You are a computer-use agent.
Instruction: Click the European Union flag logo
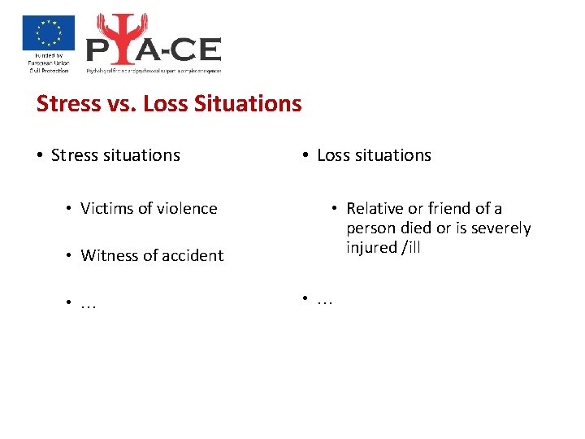(48, 33)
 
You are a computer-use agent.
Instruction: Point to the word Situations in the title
(248, 104)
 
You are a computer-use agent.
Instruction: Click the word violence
(185, 209)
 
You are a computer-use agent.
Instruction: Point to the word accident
(192, 256)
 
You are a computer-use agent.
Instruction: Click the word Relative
(375, 209)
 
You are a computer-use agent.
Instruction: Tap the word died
(416, 228)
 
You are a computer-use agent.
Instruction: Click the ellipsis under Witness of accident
(89, 304)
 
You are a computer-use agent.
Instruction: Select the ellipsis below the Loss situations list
(325, 301)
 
